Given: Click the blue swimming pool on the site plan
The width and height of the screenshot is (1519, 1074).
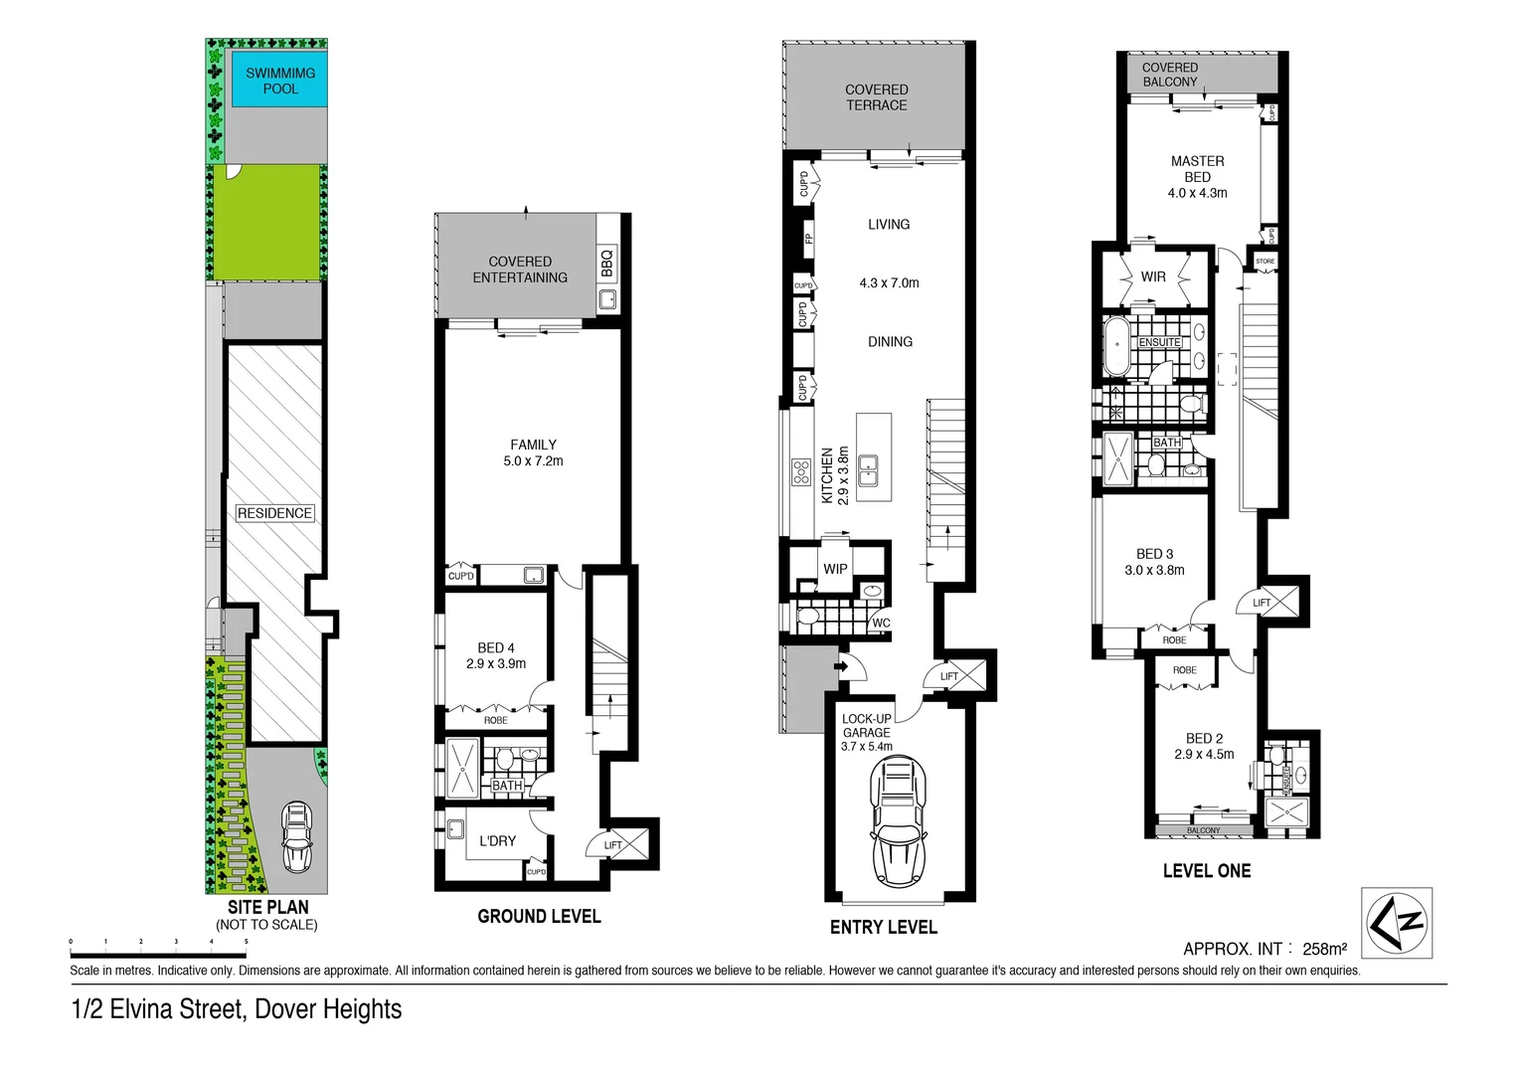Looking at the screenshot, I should click(x=280, y=82).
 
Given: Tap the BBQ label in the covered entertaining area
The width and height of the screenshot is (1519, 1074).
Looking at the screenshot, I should click(x=607, y=263).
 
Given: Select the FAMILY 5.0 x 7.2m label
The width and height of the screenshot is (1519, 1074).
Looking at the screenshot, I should click(x=533, y=453).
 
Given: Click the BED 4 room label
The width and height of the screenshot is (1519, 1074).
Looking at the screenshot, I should click(x=496, y=647).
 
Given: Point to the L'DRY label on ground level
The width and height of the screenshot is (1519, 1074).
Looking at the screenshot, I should click(x=498, y=841).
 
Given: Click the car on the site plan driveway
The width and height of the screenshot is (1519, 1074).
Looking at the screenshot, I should click(x=296, y=837).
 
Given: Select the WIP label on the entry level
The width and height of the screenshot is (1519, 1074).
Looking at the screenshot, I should click(x=835, y=569).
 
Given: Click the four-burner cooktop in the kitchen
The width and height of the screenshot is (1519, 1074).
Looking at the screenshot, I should click(x=800, y=471).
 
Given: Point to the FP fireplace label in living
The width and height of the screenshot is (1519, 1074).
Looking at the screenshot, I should click(x=808, y=239).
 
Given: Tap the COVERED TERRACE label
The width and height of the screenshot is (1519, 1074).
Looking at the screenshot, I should click(x=876, y=97).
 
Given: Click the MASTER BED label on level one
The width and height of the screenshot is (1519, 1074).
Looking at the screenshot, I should click(x=1197, y=169).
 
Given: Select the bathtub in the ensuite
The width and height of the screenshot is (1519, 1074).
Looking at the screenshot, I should click(x=1117, y=345).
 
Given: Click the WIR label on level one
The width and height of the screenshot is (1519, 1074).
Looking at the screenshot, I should click(x=1153, y=276).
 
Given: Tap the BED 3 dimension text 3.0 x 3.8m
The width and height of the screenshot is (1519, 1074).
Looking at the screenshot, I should click(x=1154, y=571).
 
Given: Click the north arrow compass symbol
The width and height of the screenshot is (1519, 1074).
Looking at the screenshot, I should click(x=1396, y=923).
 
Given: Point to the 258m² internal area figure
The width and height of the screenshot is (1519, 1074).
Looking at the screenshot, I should click(x=1324, y=949).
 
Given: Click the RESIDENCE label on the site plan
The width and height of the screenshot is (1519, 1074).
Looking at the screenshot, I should click(x=274, y=513).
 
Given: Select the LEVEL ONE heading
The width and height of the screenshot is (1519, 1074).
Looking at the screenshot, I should click(x=1206, y=871).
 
